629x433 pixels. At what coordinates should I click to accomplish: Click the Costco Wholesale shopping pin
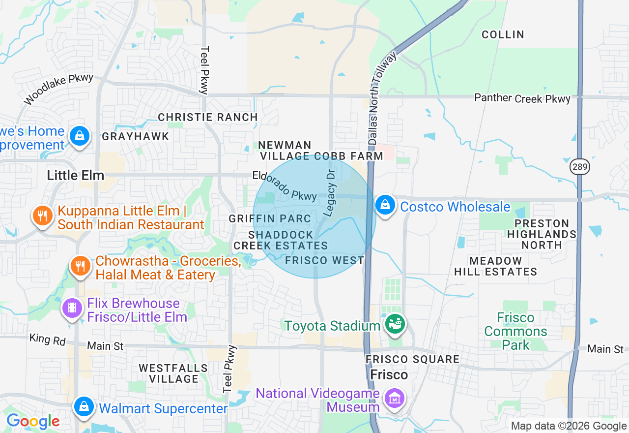coord(385,205)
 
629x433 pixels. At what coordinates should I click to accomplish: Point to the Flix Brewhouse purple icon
coord(73,309)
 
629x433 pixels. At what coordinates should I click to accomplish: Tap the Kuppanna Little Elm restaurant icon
coord(43,216)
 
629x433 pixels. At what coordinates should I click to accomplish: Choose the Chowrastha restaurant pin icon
coord(81,267)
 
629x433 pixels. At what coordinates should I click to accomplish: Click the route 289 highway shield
coord(580,167)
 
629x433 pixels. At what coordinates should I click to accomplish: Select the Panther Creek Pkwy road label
coord(522,98)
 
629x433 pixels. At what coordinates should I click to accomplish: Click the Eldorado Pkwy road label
coord(285,186)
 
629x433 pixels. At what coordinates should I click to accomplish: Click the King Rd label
coord(47,340)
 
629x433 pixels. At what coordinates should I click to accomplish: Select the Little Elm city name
coord(75,176)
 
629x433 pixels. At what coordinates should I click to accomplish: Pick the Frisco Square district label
coord(413,360)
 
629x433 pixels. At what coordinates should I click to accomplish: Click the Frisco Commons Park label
coord(515,331)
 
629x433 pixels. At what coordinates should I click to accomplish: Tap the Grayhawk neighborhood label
coord(135,136)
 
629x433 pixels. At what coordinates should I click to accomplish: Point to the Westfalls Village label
coord(173,373)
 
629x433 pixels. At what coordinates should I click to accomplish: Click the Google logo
coord(33,422)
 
